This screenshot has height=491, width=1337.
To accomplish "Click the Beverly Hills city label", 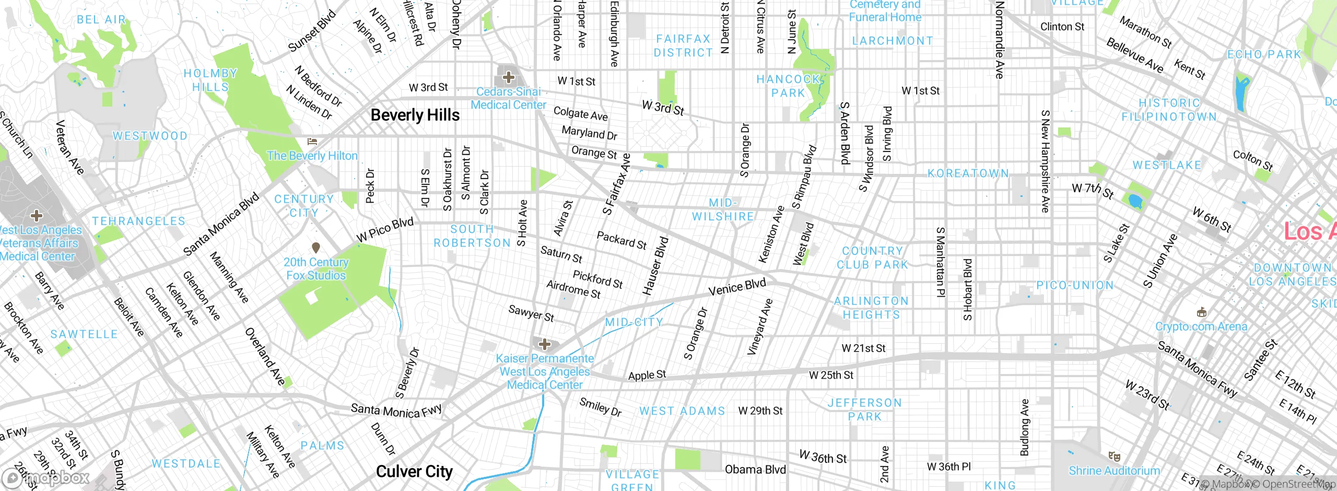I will [415, 115].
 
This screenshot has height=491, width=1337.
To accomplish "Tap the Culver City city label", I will [414, 471].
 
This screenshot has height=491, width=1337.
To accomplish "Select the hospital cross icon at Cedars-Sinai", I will [508, 78].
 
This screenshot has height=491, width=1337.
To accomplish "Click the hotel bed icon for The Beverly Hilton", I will [312, 141].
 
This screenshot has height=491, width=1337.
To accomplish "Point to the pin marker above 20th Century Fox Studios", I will [315, 247].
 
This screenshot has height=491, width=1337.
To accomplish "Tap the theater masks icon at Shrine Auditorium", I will [1114, 457].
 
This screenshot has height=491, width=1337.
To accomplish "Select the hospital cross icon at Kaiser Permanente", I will [545, 344].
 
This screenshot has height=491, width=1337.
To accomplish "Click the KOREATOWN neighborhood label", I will [968, 173].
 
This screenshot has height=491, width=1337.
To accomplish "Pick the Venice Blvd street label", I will [737, 287].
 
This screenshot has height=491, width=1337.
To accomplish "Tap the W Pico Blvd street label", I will [385, 229].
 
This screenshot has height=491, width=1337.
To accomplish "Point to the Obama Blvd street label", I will [755, 470].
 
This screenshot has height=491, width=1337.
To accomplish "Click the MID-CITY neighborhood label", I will [634, 322].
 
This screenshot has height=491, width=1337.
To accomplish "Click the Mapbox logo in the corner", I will [45, 477].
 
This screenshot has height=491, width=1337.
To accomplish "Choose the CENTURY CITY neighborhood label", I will [304, 206].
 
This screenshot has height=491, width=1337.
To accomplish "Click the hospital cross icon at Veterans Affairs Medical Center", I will [36, 215].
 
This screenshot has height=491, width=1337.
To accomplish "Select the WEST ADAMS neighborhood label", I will [682, 411].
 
